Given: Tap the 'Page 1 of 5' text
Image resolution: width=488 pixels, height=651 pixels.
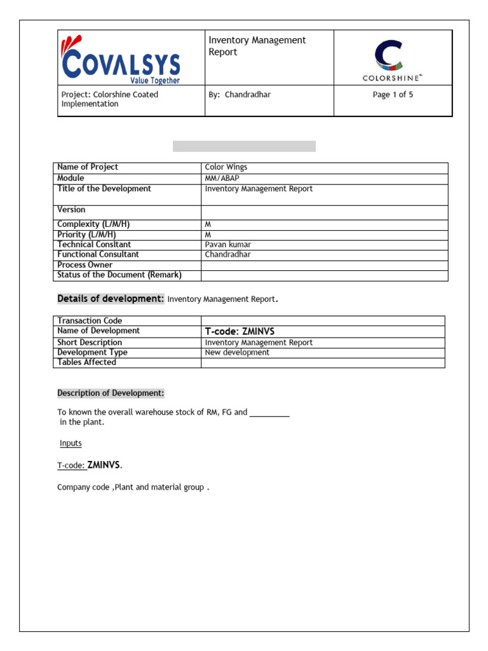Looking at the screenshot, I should coord(393,95).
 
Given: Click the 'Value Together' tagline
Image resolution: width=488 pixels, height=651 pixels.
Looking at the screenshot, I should coord(155,81).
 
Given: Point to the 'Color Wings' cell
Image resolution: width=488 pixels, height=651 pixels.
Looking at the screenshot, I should coord(226,167).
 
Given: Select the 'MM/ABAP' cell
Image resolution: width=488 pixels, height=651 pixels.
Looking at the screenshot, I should coord(222,178).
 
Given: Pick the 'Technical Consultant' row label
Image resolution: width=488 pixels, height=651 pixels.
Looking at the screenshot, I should coord(94,244).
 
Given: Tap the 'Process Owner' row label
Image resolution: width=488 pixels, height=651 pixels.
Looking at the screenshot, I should coord(85,264).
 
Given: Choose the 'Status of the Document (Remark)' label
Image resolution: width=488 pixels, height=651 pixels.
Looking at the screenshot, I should coord(119,275).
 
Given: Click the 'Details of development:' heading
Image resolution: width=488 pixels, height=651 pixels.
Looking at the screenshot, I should coord(111,299).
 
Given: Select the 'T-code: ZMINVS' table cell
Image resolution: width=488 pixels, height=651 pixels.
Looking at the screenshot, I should coord(240,331).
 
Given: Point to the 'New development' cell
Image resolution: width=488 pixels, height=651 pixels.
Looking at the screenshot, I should coord(237,352).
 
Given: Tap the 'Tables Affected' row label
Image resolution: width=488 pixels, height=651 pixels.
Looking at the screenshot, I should coord(86,362).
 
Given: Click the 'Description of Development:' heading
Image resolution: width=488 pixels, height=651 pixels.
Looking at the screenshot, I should coord(111,394).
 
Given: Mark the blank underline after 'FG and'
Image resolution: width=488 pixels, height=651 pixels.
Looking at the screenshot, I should coord(269,414).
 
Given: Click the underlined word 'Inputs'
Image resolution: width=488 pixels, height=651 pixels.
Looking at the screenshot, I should coord(71,443).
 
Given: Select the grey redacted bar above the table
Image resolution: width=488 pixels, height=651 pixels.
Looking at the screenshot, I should coord(244,146).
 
